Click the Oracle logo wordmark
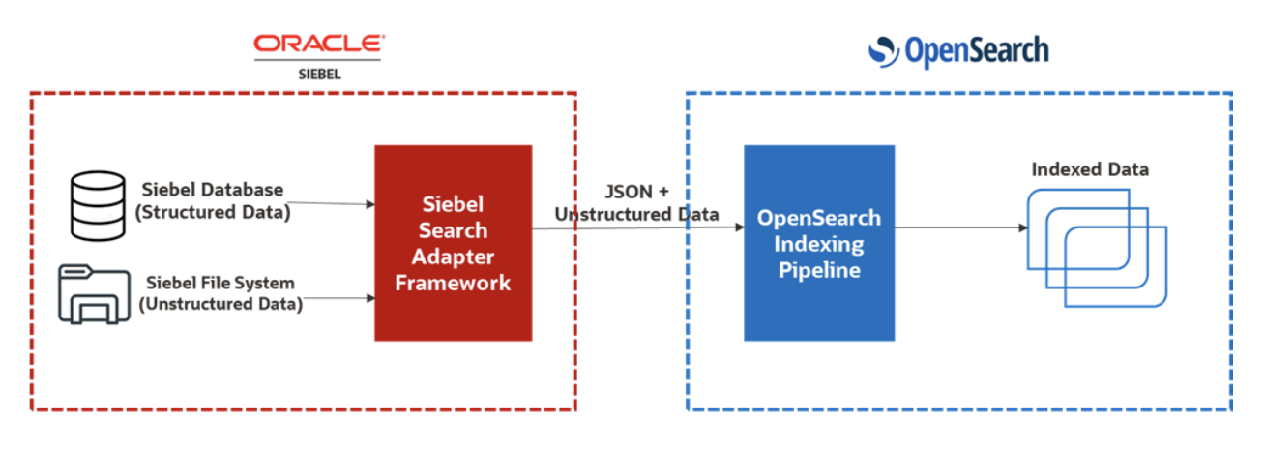(318, 43)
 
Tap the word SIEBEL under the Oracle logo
(318, 73)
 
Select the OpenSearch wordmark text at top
(975, 50)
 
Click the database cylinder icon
(98, 204)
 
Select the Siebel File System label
(221, 283)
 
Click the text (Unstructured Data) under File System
(221, 305)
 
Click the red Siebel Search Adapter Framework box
(453, 242)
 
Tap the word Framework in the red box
(453, 283)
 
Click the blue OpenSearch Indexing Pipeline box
(818, 242)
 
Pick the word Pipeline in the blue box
(818, 270)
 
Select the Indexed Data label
(1090, 169)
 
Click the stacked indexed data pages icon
(1096, 247)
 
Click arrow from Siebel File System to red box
(334, 298)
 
